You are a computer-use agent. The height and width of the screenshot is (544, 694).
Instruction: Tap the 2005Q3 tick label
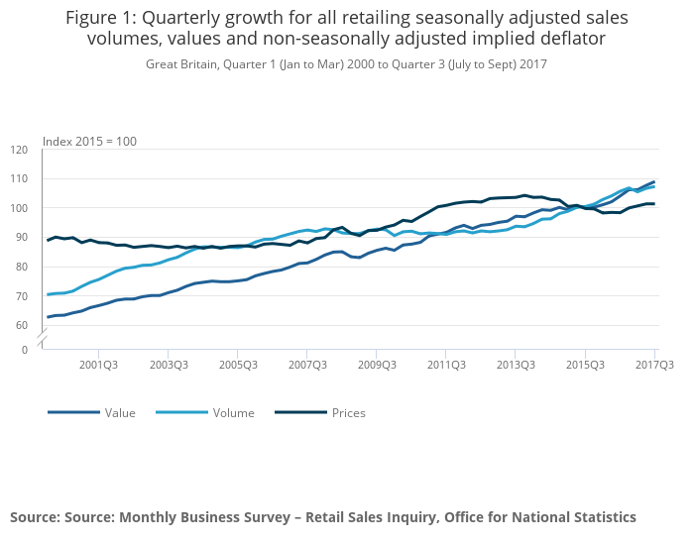click(237, 366)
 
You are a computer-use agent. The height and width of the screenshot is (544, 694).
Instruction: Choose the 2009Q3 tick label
click(376, 366)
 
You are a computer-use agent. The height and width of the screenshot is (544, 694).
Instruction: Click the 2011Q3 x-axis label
click(445, 366)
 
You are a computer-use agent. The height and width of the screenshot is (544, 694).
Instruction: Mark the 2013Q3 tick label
click(515, 366)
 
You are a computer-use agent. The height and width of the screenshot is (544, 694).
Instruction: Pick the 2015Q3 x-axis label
click(584, 366)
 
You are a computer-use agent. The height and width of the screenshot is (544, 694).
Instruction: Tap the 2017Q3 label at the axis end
click(653, 366)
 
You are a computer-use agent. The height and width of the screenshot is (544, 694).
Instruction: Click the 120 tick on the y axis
click(20, 150)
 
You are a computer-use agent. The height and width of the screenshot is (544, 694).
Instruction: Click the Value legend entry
click(120, 412)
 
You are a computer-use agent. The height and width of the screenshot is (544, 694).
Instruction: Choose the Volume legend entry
click(234, 412)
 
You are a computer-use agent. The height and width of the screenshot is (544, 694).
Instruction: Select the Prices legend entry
click(348, 412)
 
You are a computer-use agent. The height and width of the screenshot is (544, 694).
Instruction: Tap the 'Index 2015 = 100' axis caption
click(89, 141)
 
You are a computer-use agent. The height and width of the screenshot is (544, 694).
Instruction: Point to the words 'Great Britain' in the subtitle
click(180, 63)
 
